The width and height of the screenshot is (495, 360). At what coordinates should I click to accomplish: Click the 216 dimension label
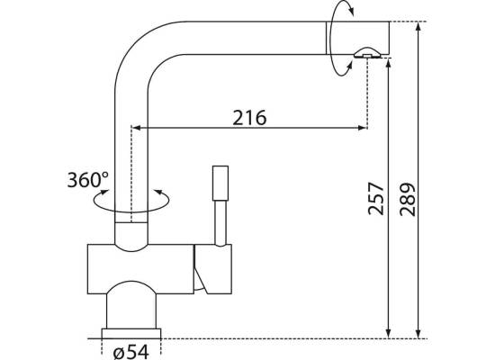[249, 118]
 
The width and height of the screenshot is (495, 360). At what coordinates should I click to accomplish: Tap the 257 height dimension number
[376, 199]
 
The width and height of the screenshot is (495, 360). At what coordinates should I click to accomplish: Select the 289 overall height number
[408, 199]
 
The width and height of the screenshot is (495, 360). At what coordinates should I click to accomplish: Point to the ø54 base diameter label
[131, 351]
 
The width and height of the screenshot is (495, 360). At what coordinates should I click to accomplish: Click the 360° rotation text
[87, 180]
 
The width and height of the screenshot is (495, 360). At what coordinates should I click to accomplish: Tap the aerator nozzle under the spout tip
[367, 53]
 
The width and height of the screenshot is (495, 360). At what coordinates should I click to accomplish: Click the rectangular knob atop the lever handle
[220, 184]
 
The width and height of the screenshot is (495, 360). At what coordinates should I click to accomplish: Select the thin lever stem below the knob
[220, 223]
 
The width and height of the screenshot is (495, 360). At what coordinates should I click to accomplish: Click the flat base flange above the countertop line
[131, 334]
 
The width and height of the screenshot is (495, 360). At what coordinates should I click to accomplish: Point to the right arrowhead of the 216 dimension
[363, 128]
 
